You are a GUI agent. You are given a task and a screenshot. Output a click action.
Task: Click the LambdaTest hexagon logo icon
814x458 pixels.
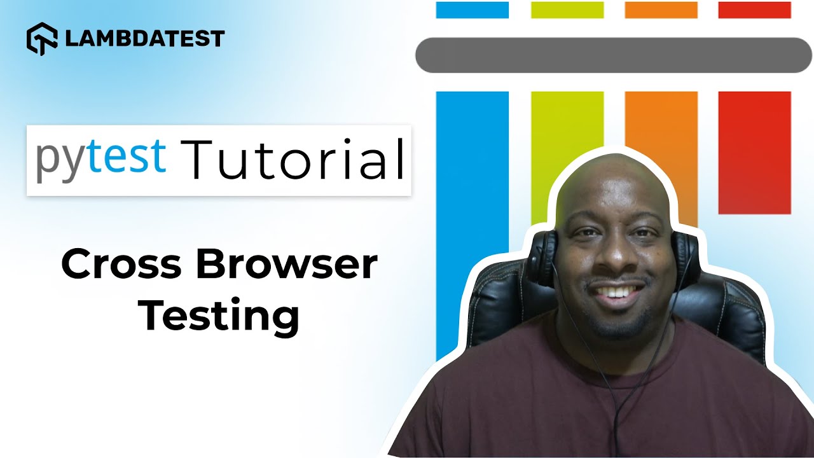pyautogui.click(x=42, y=39)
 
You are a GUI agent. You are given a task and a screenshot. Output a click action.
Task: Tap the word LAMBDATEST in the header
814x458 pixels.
pyautogui.click(x=145, y=39)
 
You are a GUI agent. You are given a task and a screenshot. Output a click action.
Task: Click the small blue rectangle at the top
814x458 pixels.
pyautogui.click(x=473, y=10)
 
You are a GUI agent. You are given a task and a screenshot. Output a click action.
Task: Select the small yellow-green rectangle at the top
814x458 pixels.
pyautogui.click(x=567, y=10)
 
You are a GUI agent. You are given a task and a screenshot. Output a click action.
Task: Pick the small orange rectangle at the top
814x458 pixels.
pyautogui.click(x=661, y=10)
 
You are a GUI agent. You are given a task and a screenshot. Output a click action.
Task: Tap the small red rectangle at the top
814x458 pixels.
pyautogui.click(x=755, y=10)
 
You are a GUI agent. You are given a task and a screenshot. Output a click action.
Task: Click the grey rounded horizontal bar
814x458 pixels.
pyautogui.click(x=614, y=55)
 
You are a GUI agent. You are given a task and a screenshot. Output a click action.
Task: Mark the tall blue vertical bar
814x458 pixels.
pyautogui.click(x=473, y=225)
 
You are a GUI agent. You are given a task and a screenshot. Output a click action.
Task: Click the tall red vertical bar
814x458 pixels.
pyautogui.click(x=755, y=153)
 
